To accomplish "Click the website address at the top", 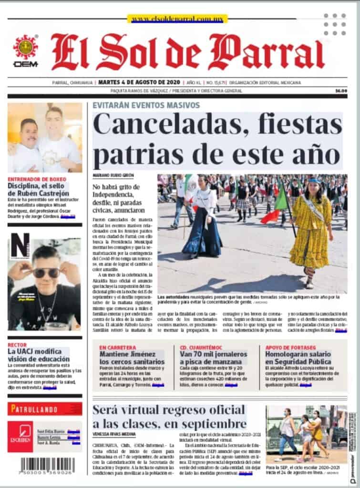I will click(177, 19).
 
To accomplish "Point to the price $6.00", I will click(340, 91).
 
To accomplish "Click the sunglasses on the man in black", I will click(46, 273).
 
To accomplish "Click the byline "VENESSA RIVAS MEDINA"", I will click(114, 434).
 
